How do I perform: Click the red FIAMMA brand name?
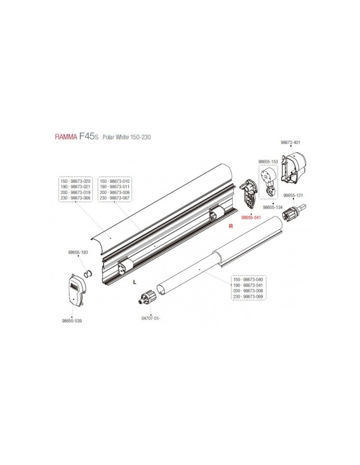[x=66, y=137]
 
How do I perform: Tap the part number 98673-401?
[x=290, y=143]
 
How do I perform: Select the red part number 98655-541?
[x=251, y=218]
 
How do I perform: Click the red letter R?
[x=231, y=226]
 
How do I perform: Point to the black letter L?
[x=135, y=282]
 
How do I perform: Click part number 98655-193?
[x=78, y=252]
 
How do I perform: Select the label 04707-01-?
[x=151, y=324]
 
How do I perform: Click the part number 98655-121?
[x=293, y=195]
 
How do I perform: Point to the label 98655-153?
[x=268, y=162]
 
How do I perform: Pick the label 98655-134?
[x=273, y=207]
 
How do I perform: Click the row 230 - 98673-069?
[x=248, y=297]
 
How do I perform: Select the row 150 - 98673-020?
[x=75, y=181]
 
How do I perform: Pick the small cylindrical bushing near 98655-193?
[x=88, y=274]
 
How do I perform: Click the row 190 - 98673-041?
[x=248, y=285]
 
